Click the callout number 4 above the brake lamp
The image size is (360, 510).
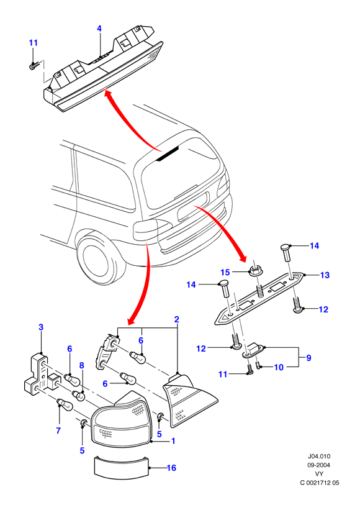click(99, 29)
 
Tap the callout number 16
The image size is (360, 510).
click(171, 468)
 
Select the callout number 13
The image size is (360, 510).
click(325, 275)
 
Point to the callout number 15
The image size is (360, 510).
click(225, 272)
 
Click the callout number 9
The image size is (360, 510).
click(308, 358)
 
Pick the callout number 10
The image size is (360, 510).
click(279, 367)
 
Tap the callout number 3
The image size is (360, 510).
click(41, 327)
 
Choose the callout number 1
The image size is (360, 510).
click(173, 440)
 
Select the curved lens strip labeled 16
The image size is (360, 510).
click(122, 467)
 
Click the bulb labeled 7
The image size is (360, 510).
click(65, 405)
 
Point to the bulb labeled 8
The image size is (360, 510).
click(78, 396)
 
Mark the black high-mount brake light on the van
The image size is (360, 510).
click(167, 153)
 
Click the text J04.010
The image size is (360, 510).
click(319, 457)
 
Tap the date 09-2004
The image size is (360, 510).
click(319, 465)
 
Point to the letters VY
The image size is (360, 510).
click(319, 474)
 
